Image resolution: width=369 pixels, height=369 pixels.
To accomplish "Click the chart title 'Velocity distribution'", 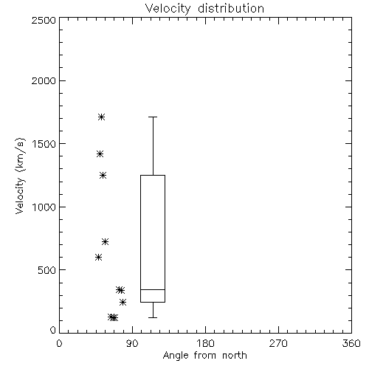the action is pyautogui.click(x=204, y=8).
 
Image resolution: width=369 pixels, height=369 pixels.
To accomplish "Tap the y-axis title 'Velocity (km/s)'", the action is pyautogui.click(x=20, y=176).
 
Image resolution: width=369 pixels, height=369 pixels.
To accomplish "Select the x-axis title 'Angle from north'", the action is pyautogui.click(x=204, y=356).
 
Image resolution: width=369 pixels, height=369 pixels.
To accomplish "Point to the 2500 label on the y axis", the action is pyautogui.click(x=44, y=20).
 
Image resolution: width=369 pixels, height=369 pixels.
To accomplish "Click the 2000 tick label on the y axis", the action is pyautogui.click(x=44, y=80).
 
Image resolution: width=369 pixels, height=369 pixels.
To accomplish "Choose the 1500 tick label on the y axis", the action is pyautogui.click(x=44, y=144).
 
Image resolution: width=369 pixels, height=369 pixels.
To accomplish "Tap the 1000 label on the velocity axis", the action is pyautogui.click(x=44, y=207).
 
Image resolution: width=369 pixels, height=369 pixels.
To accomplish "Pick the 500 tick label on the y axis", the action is pyautogui.click(x=47, y=270).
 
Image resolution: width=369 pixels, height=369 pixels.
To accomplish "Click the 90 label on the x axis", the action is pyautogui.click(x=132, y=343).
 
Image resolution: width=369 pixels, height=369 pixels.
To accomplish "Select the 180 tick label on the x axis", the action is pyautogui.click(x=205, y=343).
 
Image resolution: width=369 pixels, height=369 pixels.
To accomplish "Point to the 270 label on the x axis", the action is pyautogui.click(x=278, y=343).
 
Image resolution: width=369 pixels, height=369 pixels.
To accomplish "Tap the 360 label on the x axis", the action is pyautogui.click(x=351, y=343).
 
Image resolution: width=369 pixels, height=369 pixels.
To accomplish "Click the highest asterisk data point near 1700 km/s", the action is pyautogui.click(x=102, y=117).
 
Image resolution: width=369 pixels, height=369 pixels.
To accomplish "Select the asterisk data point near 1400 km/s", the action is pyautogui.click(x=100, y=154).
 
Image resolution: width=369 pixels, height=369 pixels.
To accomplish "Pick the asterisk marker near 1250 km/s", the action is pyautogui.click(x=103, y=176).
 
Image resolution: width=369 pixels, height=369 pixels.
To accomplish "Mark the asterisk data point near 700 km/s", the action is pyautogui.click(x=106, y=242).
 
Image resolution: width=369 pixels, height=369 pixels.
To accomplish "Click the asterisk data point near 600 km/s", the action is pyautogui.click(x=98, y=258).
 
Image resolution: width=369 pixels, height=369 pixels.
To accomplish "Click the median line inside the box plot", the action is pyautogui.click(x=153, y=289).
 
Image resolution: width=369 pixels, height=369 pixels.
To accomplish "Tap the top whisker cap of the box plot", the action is pyautogui.click(x=153, y=117).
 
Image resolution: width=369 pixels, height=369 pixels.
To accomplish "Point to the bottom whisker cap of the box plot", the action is pyautogui.click(x=153, y=317).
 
